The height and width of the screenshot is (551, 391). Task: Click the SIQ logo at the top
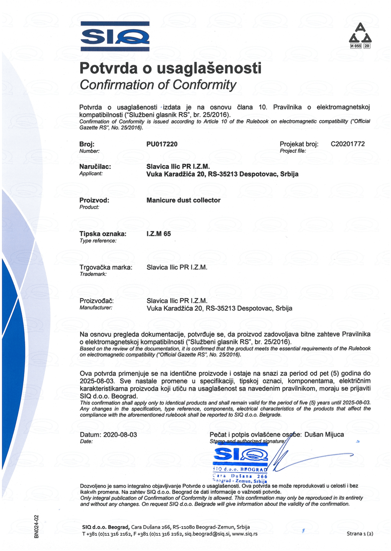(115, 36)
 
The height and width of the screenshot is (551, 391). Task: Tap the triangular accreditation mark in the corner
(360, 36)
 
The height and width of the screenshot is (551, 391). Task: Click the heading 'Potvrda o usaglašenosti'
(170, 68)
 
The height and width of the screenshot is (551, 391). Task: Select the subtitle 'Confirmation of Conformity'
(158, 85)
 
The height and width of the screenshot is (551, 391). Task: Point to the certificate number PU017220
(162, 144)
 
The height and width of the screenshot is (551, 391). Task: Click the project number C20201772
(348, 144)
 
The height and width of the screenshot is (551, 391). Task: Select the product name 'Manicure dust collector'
(183, 200)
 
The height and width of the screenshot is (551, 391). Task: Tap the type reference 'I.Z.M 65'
(159, 234)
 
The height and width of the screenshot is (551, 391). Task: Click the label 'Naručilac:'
(95, 167)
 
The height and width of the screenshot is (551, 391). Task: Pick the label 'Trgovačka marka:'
(106, 267)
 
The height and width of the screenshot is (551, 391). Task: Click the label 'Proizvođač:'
(97, 301)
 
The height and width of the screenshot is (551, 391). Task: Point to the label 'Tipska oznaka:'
(103, 234)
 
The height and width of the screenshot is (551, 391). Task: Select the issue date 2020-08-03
(120, 435)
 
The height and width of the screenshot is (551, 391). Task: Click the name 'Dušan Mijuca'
(324, 435)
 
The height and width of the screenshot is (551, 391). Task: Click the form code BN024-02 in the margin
(36, 526)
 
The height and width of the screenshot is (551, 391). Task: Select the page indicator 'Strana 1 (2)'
(360, 534)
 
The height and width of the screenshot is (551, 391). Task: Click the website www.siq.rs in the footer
(245, 534)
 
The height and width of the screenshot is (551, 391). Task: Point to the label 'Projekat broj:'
(299, 144)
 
